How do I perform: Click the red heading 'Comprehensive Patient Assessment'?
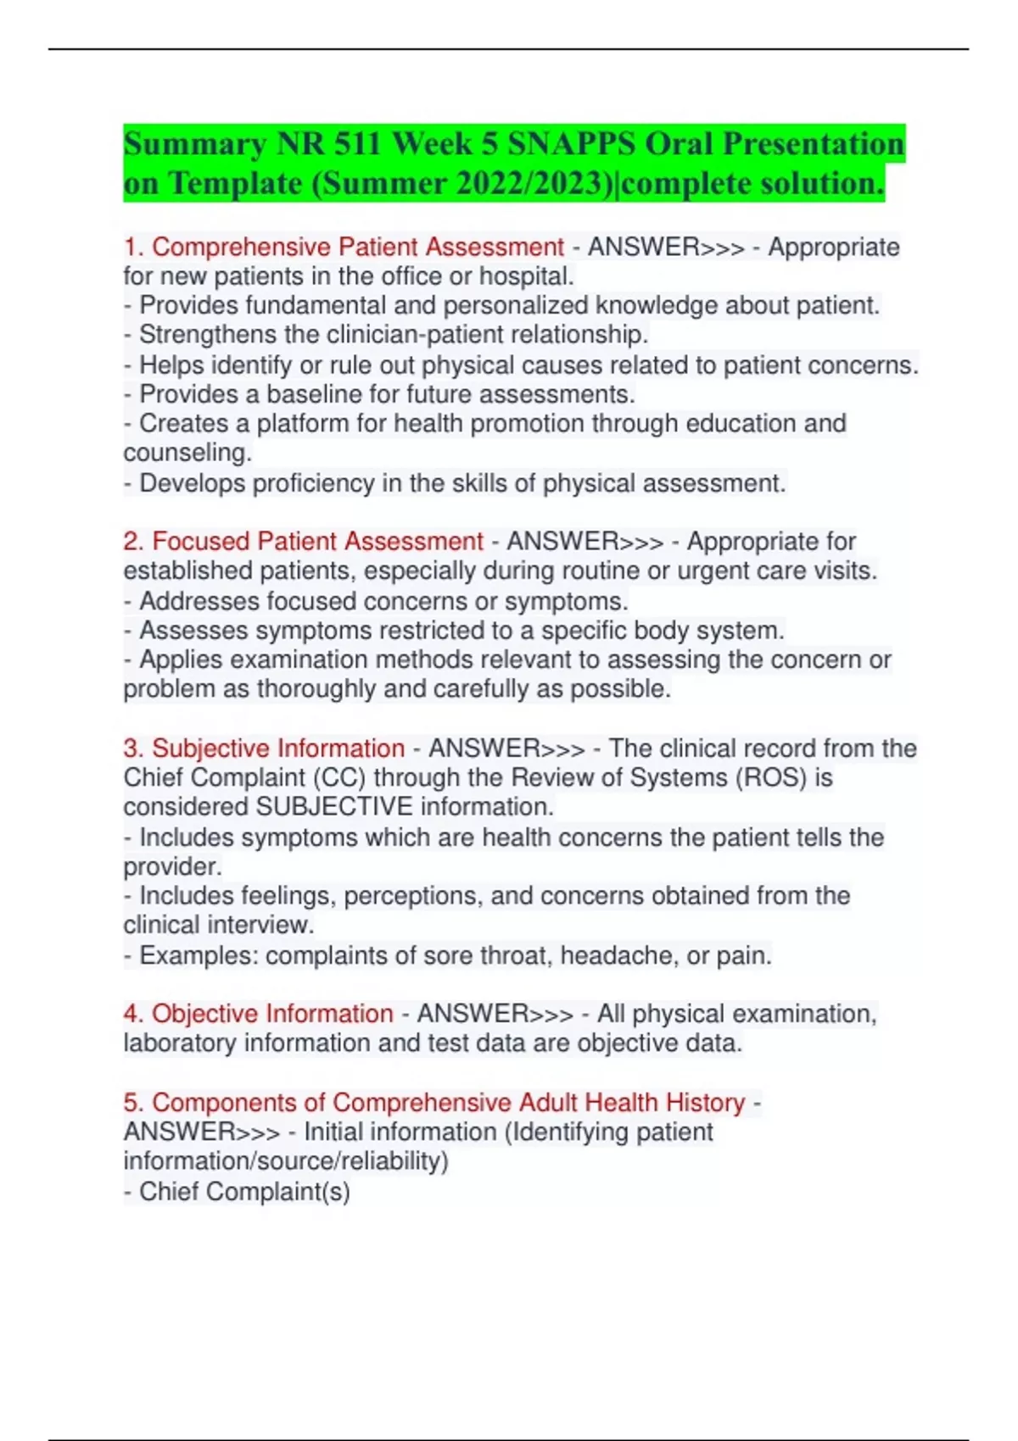357,248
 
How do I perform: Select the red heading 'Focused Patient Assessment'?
317,542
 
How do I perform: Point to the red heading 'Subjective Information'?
277,748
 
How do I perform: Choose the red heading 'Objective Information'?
271,1014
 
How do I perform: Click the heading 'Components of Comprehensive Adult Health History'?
448,1103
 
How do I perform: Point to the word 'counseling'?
187,453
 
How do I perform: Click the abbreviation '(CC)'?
339,778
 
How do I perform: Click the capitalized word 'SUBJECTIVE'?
334,807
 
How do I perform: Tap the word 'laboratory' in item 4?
180,1043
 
